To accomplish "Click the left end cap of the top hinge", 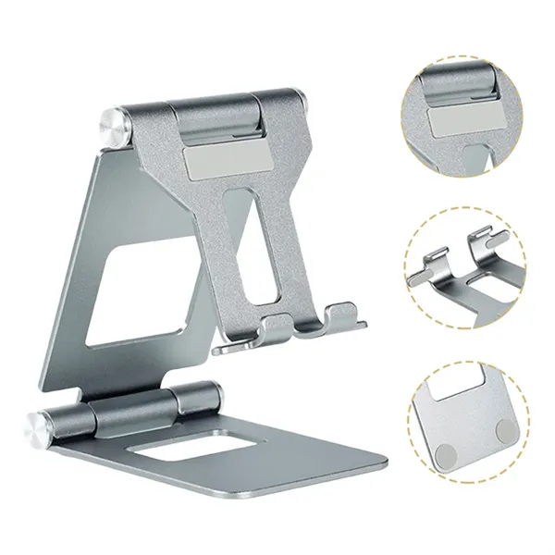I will [x=114, y=127].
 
